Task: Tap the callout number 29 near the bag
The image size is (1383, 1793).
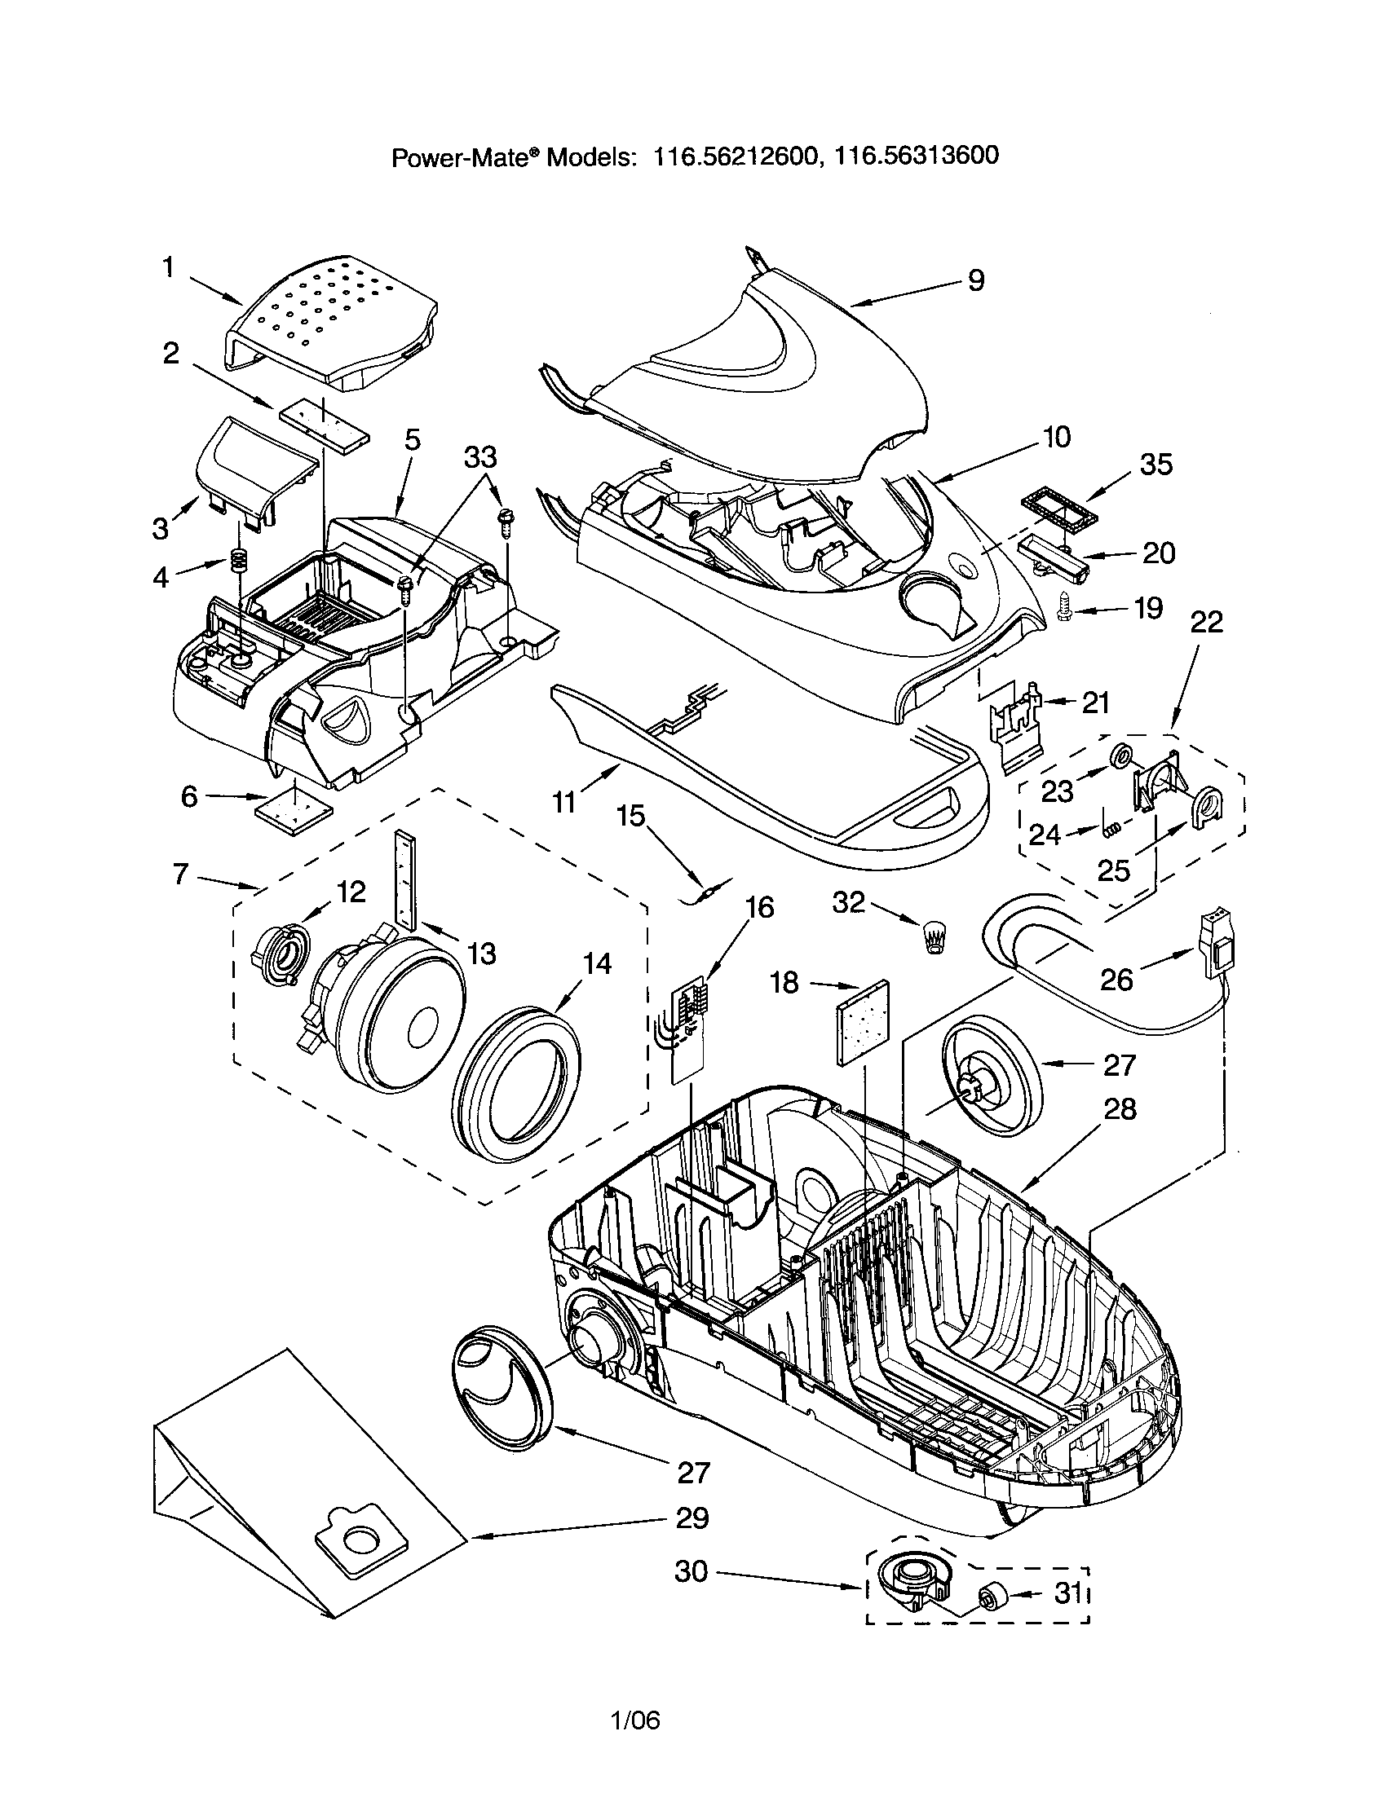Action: click(x=691, y=1518)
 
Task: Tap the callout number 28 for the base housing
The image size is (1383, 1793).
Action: click(x=1120, y=1109)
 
